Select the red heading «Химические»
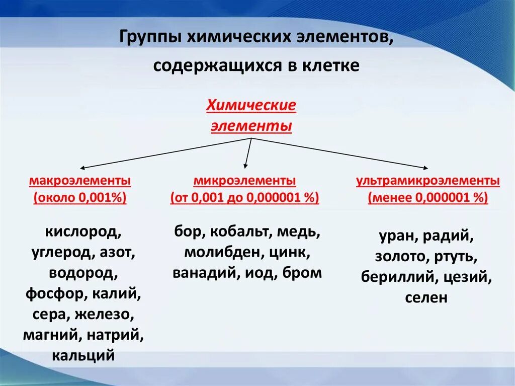[251, 107]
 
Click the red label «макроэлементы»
[80, 181]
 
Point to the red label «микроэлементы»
[245, 181]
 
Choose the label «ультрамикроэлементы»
[428, 181]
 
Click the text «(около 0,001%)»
[80, 198]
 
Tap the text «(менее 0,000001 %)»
[428, 198]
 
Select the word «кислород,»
[83, 232]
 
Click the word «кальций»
[83, 355]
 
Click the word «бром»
[302, 273]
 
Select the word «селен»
[426, 297]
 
